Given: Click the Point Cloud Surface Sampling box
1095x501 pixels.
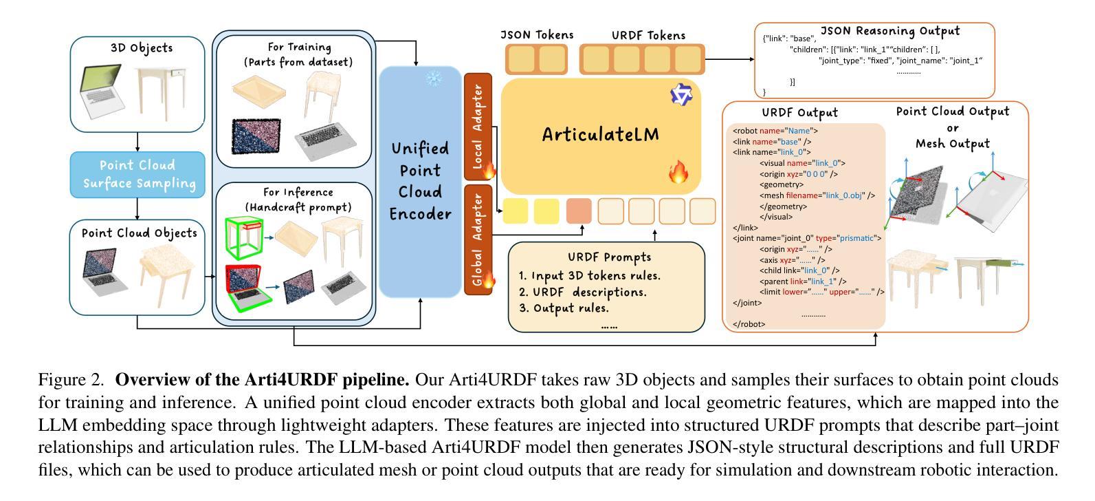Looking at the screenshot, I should (138, 174).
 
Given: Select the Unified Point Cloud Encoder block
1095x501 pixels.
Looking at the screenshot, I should (420, 182).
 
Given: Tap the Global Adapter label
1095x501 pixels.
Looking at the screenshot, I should (478, 239).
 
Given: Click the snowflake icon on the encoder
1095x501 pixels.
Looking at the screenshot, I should (434, 78).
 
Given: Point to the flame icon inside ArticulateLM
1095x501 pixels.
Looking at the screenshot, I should (678, 172).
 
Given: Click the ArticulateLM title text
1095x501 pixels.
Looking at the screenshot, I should (600, 134).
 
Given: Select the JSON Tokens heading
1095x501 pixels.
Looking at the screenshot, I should (536, 34).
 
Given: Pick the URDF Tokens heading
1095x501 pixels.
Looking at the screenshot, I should (648, 35).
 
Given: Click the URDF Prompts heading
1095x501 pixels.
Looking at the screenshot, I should (609, 257).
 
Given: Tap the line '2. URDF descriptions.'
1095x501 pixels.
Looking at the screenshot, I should (582, 292).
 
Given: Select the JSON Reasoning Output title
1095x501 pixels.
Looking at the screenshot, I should (890, 31).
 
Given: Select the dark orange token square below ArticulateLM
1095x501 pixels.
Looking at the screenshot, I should (579, 211).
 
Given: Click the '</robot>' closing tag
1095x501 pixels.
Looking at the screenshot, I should (749, 324).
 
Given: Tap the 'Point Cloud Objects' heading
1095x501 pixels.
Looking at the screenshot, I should (140, 233).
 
